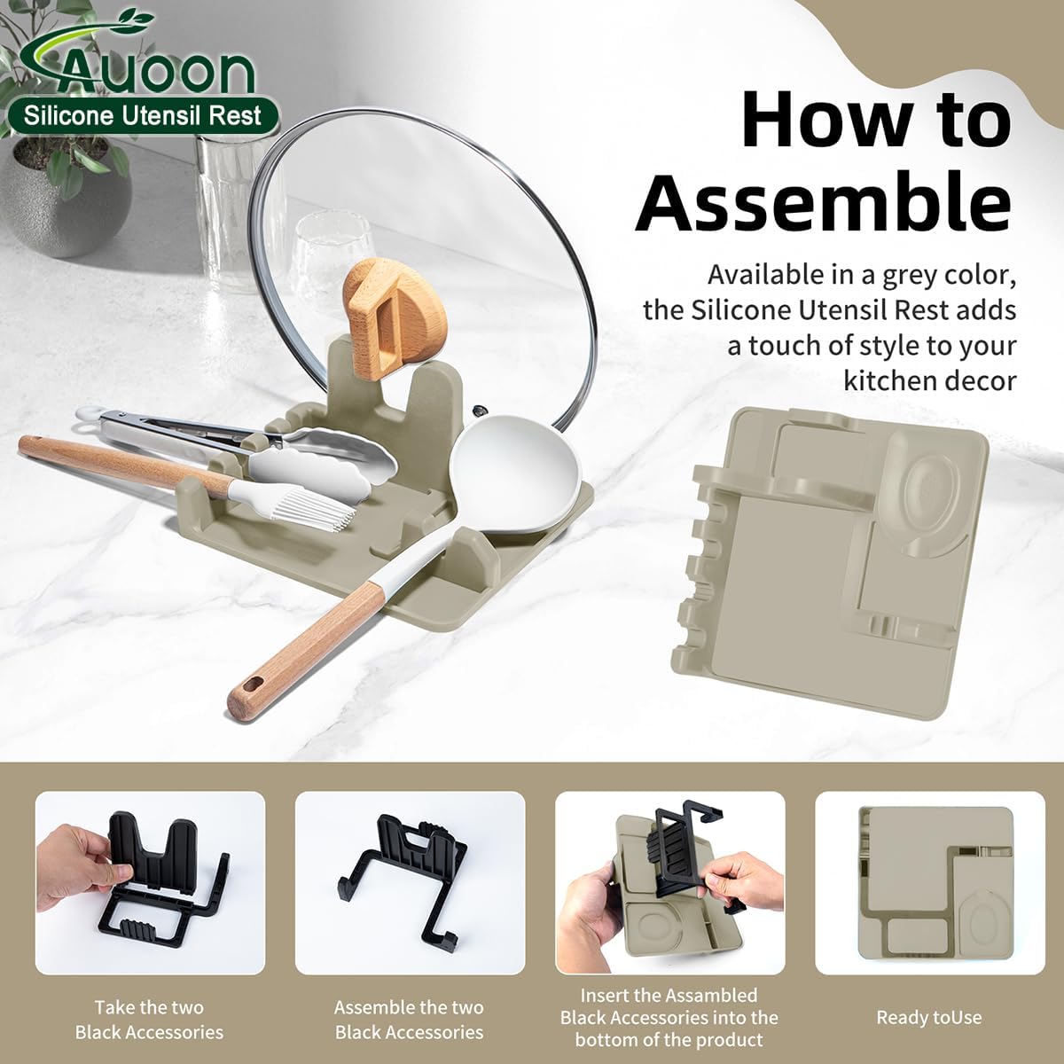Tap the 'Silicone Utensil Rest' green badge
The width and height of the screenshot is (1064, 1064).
[x=143, y=116]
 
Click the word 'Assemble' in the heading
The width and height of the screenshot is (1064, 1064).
[x=824, y=206]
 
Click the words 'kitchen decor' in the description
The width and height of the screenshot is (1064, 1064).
[x=930, y=382]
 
